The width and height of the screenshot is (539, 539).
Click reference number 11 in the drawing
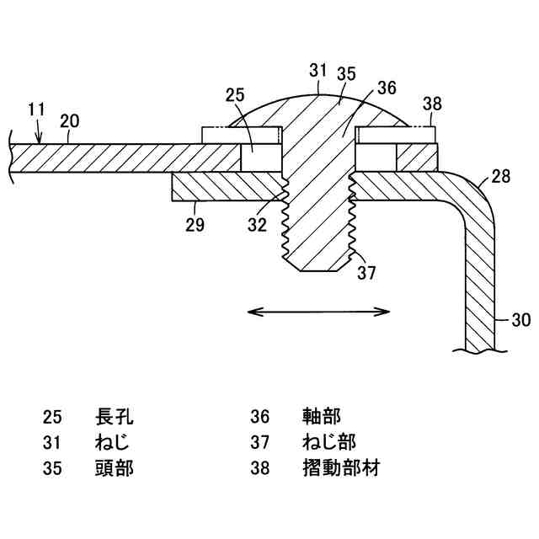[36, 109]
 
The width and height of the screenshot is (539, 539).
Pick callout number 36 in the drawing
[387, 87]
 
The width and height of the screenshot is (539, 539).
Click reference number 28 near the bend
[500, 177]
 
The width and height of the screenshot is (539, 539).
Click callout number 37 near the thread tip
[366, 272]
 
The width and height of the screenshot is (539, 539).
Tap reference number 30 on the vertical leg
[520, 319]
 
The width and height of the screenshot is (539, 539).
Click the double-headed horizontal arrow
[320, 312]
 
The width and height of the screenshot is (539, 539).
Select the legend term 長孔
[115, 416]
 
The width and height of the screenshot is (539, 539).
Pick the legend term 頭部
[115, 467]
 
